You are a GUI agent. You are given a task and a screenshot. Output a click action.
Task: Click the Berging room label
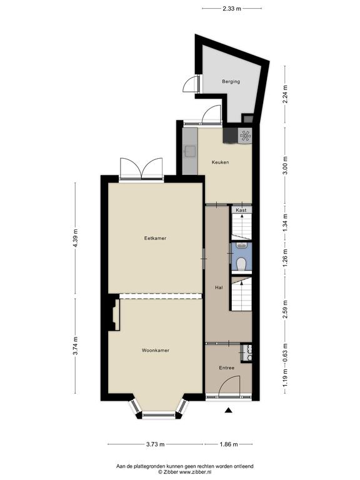click(x=231, y=81)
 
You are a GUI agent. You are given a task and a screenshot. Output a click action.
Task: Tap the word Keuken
click(x=220, y=162)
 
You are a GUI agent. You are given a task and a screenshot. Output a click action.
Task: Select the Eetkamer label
click(x=155, y=238)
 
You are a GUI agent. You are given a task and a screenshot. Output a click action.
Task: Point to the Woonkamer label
click(x=156, y=350)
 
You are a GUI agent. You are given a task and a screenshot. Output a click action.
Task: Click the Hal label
click(x=219, y=287)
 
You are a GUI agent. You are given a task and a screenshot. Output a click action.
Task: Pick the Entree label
click(x=226, y=367)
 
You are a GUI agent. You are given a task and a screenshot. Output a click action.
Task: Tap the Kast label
click(x=241, y=210)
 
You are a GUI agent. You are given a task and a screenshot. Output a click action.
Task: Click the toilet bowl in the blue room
click(x=241, y=264)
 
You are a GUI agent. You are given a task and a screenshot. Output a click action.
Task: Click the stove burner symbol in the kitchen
click(x=245, y=136)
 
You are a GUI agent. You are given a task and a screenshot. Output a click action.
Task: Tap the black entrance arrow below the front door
click(x=228, y=410)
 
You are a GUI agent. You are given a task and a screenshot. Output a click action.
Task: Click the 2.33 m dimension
click(x=232, y=9)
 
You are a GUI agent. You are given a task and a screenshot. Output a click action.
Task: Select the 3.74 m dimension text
click(x=76, y=346)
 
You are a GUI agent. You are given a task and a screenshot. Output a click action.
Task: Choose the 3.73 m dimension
click(x=155, y=444)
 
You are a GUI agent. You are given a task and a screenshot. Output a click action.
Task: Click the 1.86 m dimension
click(x=228, y=444)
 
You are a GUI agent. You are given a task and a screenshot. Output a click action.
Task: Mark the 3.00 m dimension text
click(x=285, y=165)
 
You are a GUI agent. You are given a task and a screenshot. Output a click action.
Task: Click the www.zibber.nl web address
click(x=195, y=472)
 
